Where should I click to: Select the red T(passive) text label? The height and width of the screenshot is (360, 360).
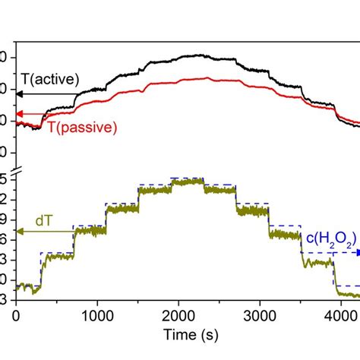click(81, 127)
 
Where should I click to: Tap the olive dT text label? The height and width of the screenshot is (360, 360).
click(45, 220)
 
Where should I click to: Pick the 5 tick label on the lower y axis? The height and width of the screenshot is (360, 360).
click(4, 179)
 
